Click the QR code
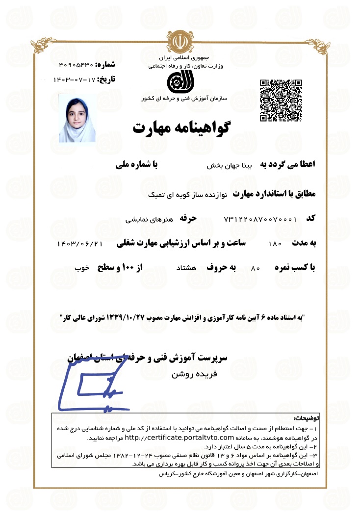280,100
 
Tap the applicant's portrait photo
77,118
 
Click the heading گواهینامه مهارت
181,129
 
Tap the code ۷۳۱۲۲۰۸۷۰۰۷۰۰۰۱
260,219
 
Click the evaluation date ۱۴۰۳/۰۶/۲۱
79,243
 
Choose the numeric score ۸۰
255,269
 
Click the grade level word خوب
81,268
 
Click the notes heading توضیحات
305,419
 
